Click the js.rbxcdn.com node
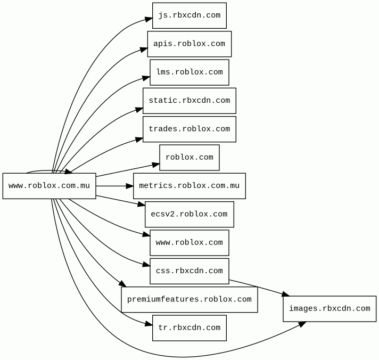(190, 15)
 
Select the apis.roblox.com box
(190, 44)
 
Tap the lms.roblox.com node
(190, 72)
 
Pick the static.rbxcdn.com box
(190, 101)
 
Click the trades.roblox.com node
(190, 129)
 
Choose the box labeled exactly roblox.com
(190, 158)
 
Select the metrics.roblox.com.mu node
(190, 186)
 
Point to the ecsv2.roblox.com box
(190, 214)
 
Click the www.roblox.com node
(190, 243)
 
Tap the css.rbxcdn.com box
(190, 271)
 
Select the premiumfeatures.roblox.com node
(190, 300)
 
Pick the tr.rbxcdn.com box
(190, 328)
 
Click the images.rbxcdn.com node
(329, 309)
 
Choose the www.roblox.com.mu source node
(50, 186)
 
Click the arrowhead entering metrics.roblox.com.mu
(130, 186)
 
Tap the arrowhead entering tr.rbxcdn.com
(149, 324)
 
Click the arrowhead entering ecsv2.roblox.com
(142, 204)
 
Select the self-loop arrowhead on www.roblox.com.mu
(68, 171)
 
